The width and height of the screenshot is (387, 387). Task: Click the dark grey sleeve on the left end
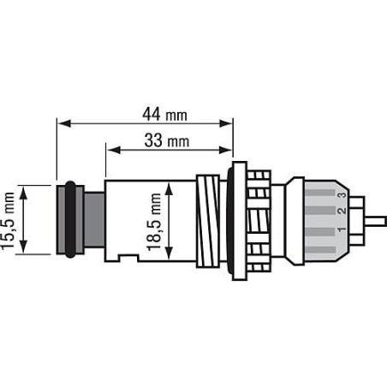point(68,220)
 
